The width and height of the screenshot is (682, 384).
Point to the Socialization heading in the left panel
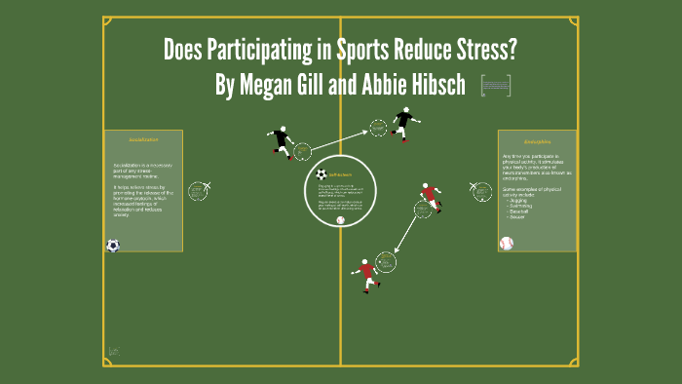click(x=143, y=140)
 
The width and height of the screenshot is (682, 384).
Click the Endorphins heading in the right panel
click(x=538, y=140)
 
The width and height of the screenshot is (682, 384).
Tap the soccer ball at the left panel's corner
click(x=113, y=246)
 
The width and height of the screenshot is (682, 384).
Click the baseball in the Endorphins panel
click(x=506, y=243)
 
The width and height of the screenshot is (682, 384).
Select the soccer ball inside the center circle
click(x=322, y=174)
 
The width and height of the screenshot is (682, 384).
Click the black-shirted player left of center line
click(x=283, y=141)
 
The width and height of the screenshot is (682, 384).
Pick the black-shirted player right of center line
click(x=403, y=124)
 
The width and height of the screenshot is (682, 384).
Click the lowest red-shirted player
click(x=366, y=274)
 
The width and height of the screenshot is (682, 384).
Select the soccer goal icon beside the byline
click(x=496, y=87)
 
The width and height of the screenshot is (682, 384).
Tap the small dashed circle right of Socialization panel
click(x=198, y=191)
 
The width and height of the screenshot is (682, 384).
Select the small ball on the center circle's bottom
click(x=340, y=220)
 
